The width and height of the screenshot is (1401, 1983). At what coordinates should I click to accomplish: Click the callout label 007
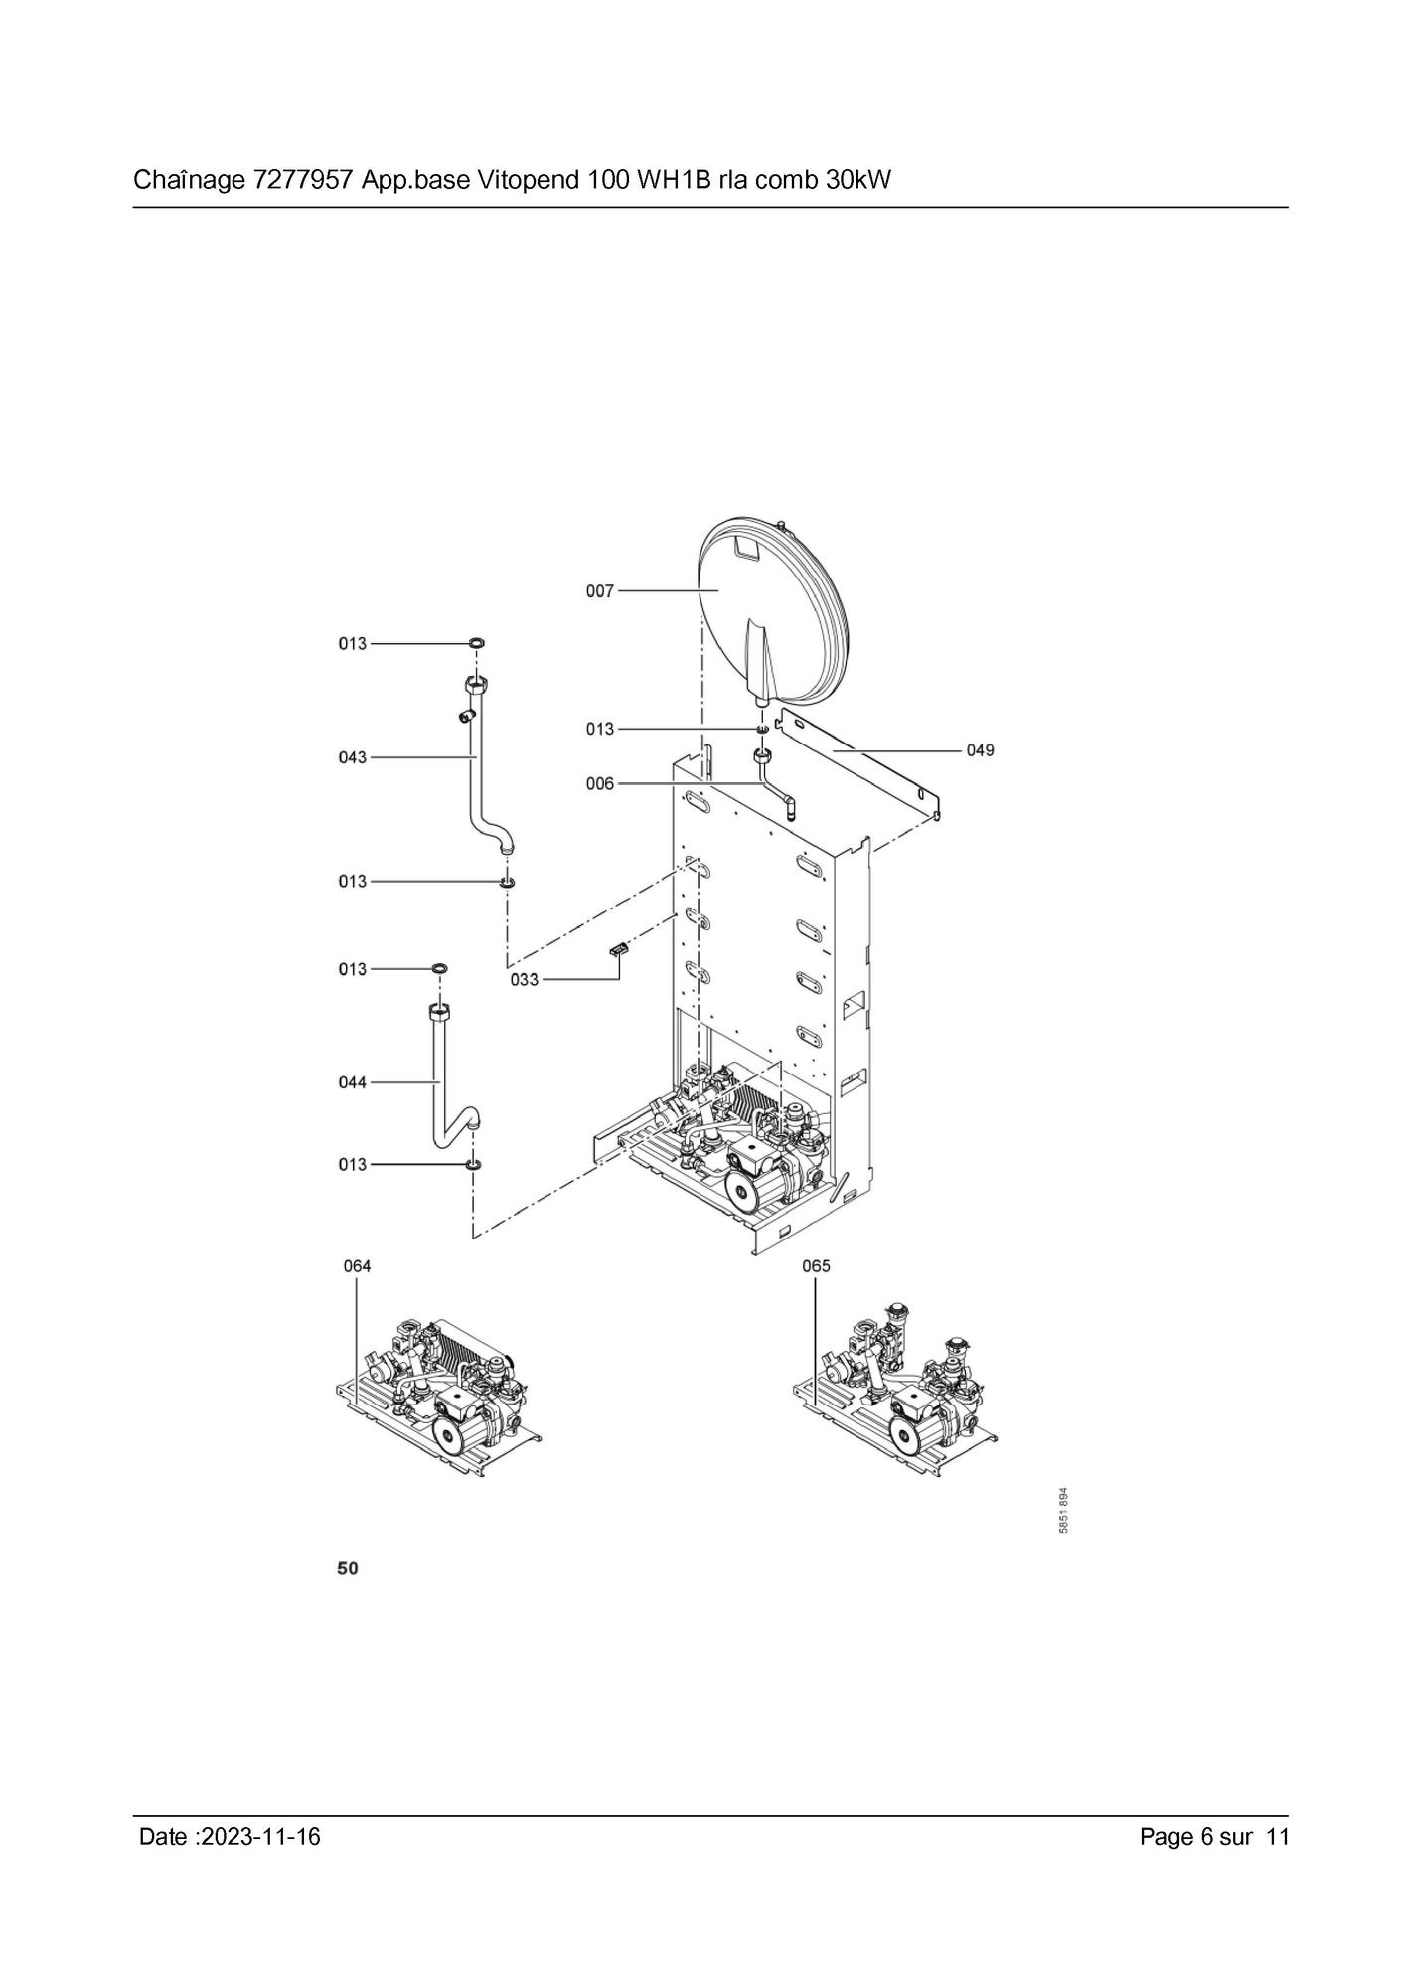599,591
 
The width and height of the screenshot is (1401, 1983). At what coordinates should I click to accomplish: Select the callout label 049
980,750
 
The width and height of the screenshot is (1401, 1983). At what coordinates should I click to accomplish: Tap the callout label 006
599,784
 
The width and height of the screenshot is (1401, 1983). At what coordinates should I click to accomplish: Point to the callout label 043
353,757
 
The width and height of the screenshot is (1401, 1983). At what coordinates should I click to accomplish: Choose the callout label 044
353,1082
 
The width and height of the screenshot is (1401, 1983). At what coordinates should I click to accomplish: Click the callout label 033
525,980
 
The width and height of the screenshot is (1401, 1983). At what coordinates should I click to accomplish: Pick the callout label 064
357,1266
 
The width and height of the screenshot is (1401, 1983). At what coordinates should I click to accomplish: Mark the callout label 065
816,1266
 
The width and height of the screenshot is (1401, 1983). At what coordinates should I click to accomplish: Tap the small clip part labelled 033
620,949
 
